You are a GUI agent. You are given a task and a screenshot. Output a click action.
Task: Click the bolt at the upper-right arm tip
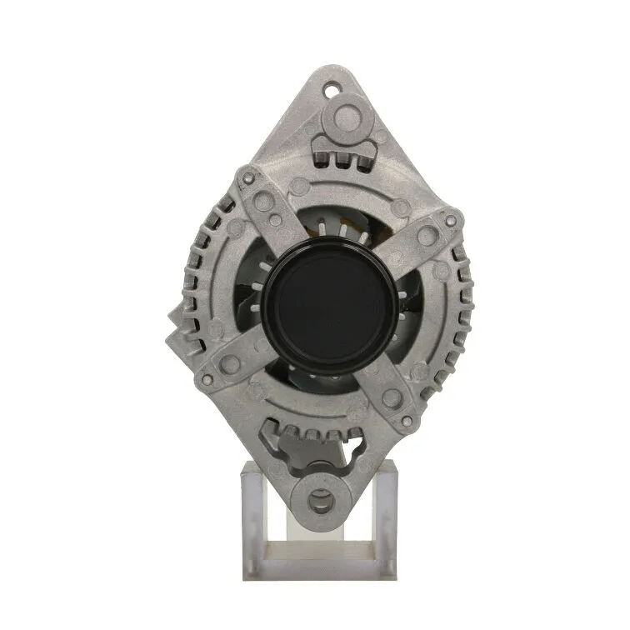click(451, 221)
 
